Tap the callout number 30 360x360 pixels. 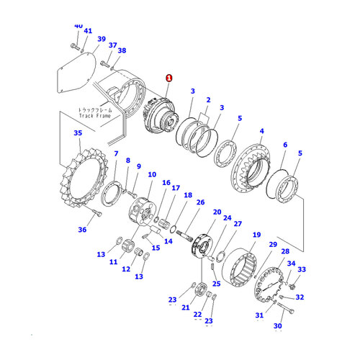point(278,326)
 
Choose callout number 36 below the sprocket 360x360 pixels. point(83,230)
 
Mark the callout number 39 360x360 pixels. point(101,40)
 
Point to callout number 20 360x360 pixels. point(217,212)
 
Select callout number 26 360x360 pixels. point(200,202)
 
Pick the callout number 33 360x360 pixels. point(302,270)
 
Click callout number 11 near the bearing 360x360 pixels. point(112,263)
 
